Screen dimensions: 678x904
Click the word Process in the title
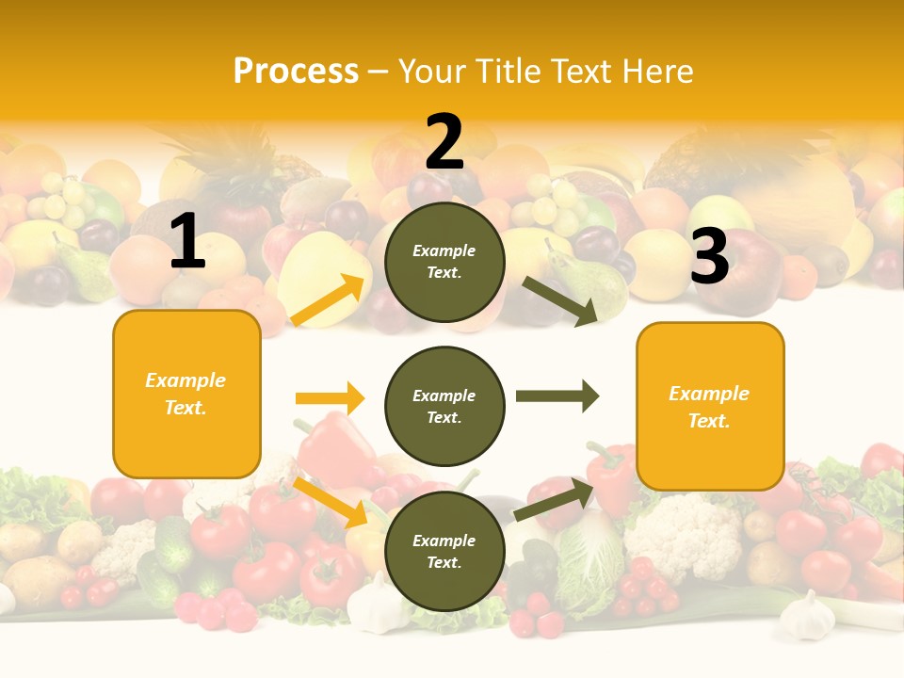click(x=296, y=72)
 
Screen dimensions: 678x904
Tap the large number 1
click(x=187, y=242)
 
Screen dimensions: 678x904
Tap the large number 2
click(x=444, y=142)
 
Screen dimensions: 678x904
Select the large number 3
click(x=709, y=256)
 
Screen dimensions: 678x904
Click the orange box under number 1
click(x=186, y=394)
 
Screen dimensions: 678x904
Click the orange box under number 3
click(x=710, y=406)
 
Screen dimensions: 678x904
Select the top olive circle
click(x=444, y=262)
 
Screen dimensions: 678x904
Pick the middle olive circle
click(x=444, y=406)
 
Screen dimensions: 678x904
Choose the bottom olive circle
click(x=444, y=551)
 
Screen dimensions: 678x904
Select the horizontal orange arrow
click(x=330, y=398)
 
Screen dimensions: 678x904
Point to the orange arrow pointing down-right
click(x=331, y=502)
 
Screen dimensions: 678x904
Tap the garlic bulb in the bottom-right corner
click(x=808, y=614)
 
